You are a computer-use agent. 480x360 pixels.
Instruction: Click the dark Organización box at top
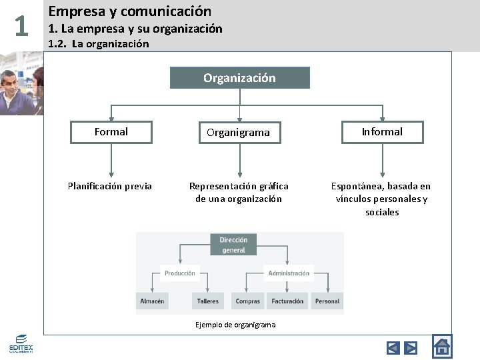pyautogui.click(x=239, y=78)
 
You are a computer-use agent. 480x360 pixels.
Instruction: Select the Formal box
pyautogui.click(x=111, y=132)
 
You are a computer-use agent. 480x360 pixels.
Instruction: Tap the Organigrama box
pyautogui.click(x=239, y=132)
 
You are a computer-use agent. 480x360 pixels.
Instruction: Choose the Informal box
pyautogui.click(x=382, y=132)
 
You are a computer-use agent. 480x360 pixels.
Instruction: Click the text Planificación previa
pyautogui.click(x=110, y=186)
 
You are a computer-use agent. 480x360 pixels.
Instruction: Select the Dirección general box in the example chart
pyautogui.click(x=233, y=245)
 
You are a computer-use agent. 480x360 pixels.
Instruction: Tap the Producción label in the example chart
pyautogui.click(x=180, y=273)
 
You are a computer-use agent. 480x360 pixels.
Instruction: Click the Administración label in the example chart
pyautogui.click(x=289, y=273)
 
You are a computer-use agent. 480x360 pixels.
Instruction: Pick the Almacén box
pyautogui.click(x=152, y=301)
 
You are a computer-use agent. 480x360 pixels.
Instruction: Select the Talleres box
pyautogui.click(x=208, y=301)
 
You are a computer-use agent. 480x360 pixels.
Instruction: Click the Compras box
pyautogui.click(x=248, y=301)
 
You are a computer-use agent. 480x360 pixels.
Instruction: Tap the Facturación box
pyautogui.click(x=287, y=301)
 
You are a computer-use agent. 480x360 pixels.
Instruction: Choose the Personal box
pyautogui.click(x=327, y=301)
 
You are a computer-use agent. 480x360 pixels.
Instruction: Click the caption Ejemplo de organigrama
pyautogui.click(x=235, y=325)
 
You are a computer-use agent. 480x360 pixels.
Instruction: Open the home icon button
pyautogui.click(x=442, y=346)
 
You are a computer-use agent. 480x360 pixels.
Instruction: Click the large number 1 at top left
pyautogui.click(x=21, y=27)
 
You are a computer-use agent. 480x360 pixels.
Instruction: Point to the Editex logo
pyautogui.click(x=21, y=345)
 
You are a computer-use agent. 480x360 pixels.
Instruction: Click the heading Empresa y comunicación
pyautogui.click(x=130, y=11)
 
